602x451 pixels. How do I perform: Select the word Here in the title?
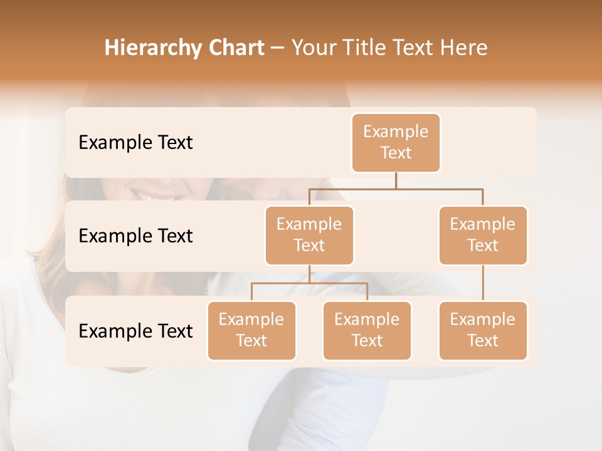(x=463, y=48)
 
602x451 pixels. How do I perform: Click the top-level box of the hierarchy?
(x=396, y=143)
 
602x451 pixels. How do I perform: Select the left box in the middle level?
(x=309, y=235)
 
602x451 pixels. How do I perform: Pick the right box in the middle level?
(x=483, y=235)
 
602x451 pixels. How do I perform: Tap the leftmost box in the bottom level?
(x=251, y=330)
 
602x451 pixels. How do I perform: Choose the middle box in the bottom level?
(x=367, y=330)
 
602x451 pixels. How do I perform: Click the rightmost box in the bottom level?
(x=483, y=330)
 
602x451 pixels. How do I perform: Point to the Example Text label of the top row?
(x=135, y=143)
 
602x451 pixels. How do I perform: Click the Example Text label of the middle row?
(x=135, y=236)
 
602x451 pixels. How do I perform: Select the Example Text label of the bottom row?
(x=135, y=331)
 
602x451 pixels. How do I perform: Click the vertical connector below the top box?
(x=396, y=180)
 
